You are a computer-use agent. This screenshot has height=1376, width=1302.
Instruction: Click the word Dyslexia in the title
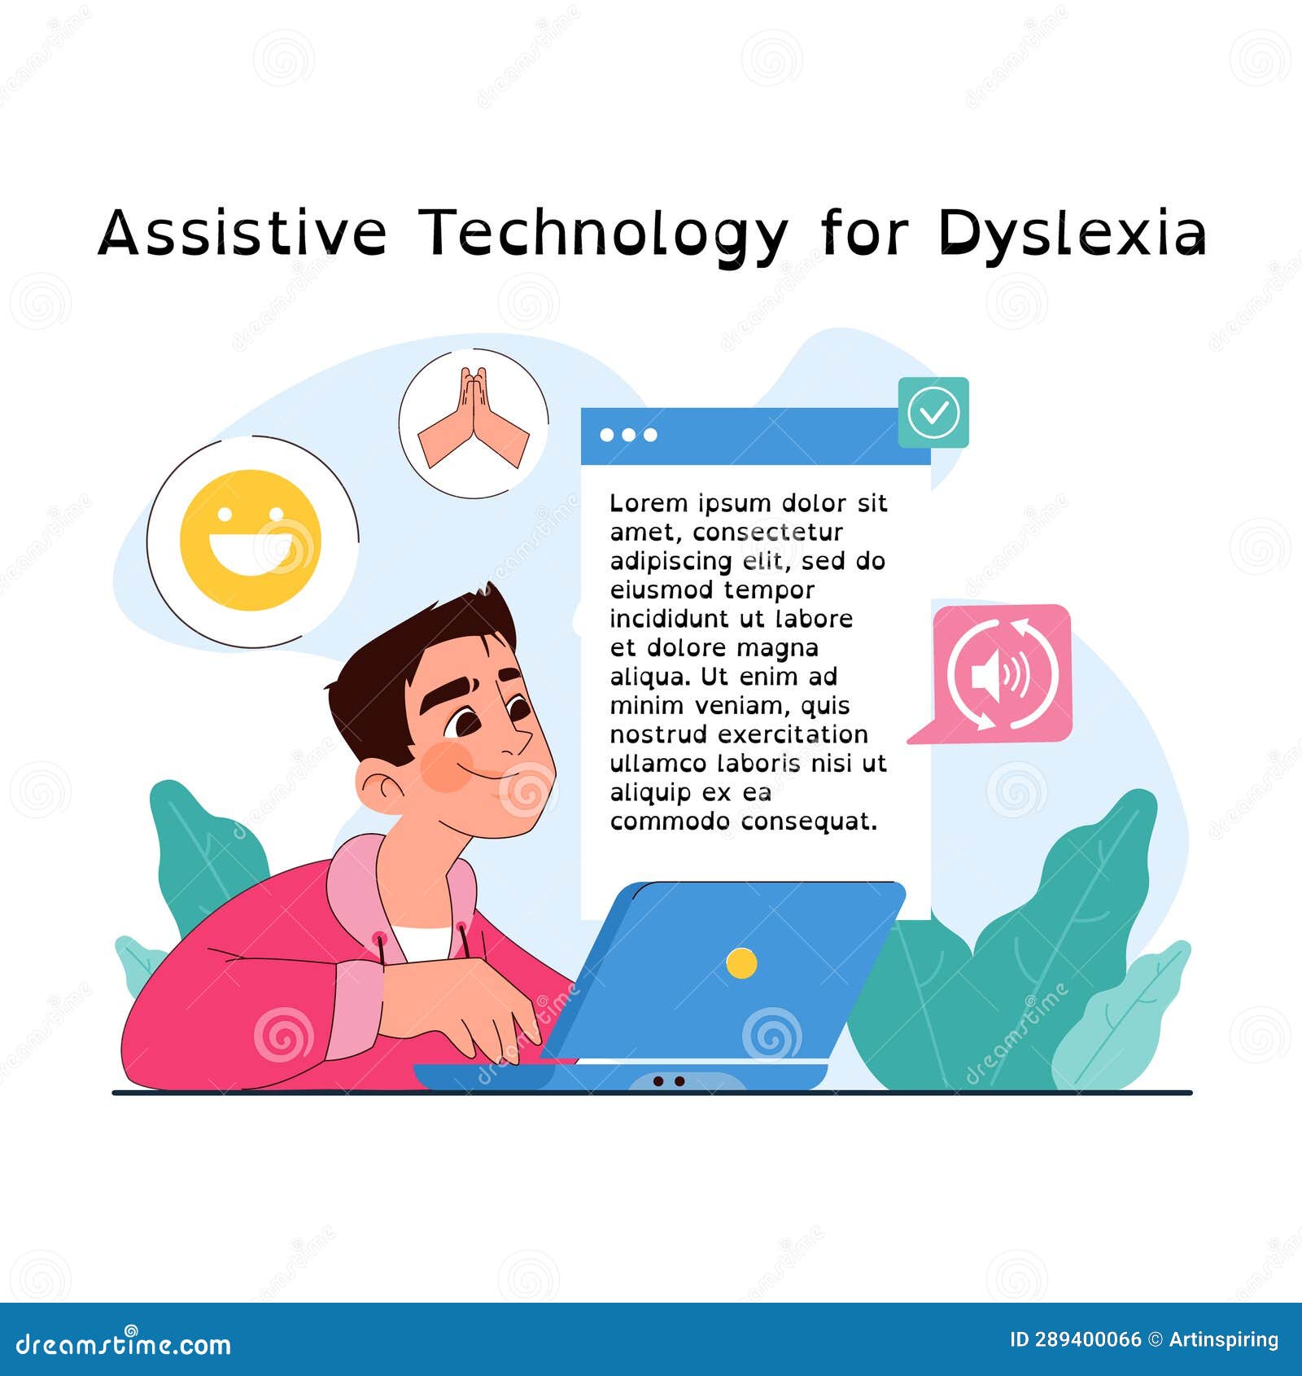[1071, 234]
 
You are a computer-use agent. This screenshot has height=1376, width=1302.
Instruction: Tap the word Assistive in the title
[242, 232]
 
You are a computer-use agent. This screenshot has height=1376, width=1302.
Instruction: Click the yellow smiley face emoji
[251, 540]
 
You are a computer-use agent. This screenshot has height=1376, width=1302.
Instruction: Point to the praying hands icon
[474, 422]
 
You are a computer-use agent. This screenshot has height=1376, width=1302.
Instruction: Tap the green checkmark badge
[933, 412]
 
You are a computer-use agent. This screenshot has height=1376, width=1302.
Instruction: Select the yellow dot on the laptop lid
[741, 963]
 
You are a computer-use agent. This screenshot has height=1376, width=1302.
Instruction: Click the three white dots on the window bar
[628, 435]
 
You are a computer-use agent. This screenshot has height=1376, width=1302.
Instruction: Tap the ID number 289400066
[1088, 1340]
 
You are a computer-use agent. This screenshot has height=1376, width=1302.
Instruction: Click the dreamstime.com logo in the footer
[124, 1343]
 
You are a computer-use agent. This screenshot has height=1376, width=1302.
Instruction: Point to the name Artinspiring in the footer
[1224, 1340]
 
